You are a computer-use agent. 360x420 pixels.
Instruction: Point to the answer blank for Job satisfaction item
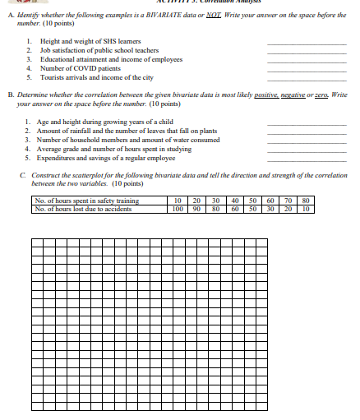(313, 51)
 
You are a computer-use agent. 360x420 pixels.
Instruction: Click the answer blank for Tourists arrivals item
(313, 78)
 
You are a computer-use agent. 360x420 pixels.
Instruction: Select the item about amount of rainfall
(119, 131)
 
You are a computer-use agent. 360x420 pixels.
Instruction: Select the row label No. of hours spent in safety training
(85, 200)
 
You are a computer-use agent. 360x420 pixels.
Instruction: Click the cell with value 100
(178, 208)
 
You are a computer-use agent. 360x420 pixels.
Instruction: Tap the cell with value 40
(235, 200)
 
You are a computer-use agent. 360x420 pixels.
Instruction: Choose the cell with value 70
(287, 200)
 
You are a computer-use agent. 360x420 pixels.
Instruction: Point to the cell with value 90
(196, 208)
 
